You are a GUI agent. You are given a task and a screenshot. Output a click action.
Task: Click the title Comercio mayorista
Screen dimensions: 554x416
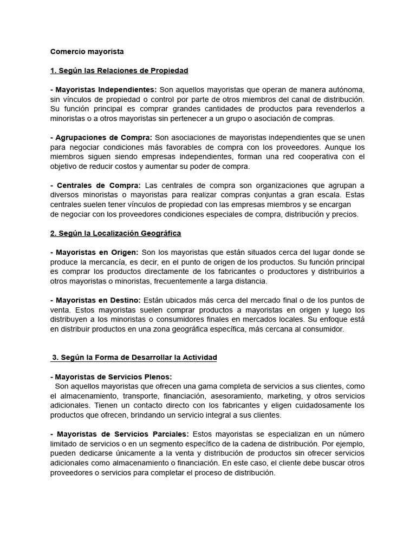coord(87,52)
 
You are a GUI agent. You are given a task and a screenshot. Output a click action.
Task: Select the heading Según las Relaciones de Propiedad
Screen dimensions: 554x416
coord(119,71)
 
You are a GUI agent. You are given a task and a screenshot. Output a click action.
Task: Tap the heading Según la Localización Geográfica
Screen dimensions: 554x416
coord(115,233)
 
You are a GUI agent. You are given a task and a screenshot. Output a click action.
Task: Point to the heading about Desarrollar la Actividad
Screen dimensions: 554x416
coord(134,358)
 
